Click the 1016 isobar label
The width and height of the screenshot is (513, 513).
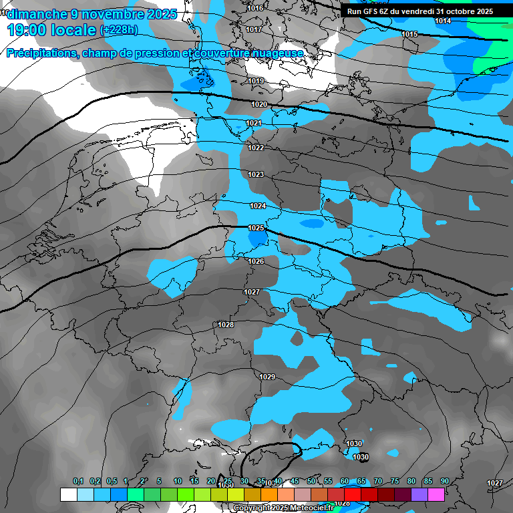coord(255,8)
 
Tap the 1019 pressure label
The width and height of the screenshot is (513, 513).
coord(256,81)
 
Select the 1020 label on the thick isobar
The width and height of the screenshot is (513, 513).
coord(259,104)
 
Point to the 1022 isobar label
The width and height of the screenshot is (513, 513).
coord(256,148)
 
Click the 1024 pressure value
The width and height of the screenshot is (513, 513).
coord(258,206)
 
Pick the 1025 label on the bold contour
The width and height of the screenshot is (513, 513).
coord(256,228)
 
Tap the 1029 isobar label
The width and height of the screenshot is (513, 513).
coord(267,377)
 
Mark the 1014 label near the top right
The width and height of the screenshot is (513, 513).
coord(443,21)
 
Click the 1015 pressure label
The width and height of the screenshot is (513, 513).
coord(409,34)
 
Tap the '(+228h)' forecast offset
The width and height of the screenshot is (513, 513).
coord(119,30)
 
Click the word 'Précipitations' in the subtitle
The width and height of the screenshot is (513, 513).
coord(41,53)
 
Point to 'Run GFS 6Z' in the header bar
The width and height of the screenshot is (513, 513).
coord(368,11)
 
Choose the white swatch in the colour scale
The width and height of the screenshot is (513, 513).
coord(68,494)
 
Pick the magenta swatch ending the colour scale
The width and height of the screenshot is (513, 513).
coord(436,494)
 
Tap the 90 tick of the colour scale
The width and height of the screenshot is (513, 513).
coord(445,481)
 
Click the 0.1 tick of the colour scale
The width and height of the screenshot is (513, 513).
coord(78,481)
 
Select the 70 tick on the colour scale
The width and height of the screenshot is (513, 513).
coord(378,481)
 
